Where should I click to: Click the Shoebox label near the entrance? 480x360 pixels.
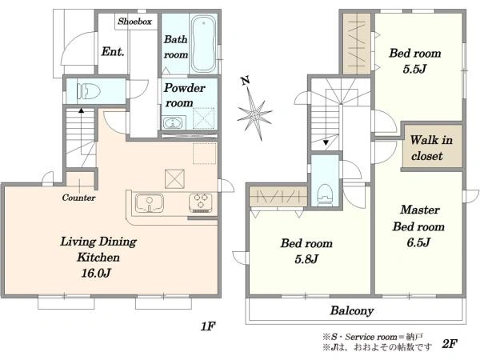[135, 22]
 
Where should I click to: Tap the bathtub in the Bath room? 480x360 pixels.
[202, 43]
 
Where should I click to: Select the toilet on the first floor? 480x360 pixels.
[89, 91]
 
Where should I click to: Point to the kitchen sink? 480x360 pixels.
[149, 202]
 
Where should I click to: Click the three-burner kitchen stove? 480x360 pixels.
[201, 203]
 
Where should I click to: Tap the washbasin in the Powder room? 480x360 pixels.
[174, 123]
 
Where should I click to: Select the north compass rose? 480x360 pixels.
[254, 110]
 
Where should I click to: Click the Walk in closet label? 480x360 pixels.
[431, 148]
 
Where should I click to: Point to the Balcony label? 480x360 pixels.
[352, 310]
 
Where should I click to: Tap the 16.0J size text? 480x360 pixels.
[95, 273]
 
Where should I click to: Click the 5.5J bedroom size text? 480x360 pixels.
[414, 69]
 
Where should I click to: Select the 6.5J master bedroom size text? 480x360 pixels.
[418, 242]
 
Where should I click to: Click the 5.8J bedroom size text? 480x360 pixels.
[306, 259]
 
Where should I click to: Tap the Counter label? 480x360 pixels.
[78, 198]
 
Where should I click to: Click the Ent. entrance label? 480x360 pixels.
[113, 51]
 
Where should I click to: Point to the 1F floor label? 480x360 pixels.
[208, 326]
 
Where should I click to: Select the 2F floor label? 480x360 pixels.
[450, 344]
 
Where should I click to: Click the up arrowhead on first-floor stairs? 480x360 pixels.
[81, 110]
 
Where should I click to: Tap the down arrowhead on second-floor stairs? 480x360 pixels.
[326, 142]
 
